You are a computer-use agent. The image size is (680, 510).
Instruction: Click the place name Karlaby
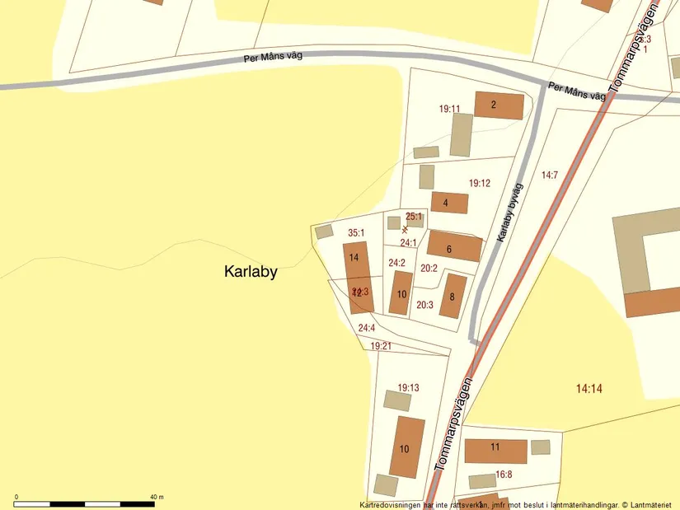pyautogui.click(x=251, y=272)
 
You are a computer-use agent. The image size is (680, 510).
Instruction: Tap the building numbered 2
pyautogui.click(x=499, y=105)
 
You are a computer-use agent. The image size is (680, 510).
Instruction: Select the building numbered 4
pyautogui.click(x=448, y=203)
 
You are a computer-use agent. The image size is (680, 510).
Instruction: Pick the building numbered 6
pyautogui.click(x=453, y=246)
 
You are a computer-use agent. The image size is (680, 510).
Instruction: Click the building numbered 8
pyautogui.click(x=453, y=297)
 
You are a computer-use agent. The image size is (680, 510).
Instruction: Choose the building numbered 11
pyautogui.click(x=495, y=450)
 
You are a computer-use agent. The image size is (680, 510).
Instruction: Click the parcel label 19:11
pyautogui.click(x=449, y=109)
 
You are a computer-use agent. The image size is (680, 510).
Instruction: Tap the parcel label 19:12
pyautogui.click(x=480, y=183)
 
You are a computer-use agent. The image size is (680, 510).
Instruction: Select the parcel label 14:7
pyautogui.click(x=550, y=175)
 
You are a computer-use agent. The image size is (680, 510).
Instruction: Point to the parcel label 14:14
pyautogui.click(x=589, y=388)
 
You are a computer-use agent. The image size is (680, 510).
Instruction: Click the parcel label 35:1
pyautogui.click(x=356, y=233)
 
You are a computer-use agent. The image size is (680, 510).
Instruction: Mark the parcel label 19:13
pyautogui.click(x=408, y=387)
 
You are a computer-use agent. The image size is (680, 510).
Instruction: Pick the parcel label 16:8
pyautogui.click(x=504, y=475)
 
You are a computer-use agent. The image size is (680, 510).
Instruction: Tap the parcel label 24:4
pyautogui.click(x=367, y=328)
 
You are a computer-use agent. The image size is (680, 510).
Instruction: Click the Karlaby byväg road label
pyautogui.click(x=509, y=213)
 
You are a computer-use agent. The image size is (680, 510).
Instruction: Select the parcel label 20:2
pyautogui.click(x=429, y=268)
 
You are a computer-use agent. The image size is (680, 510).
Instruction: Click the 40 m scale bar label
pyautogui.click(x=157, y=497)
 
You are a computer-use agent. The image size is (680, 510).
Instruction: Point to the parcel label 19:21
pyautogui.click(x=381, y=346)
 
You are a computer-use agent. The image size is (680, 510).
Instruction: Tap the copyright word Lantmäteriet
pyautogui.click(x=652, y=504)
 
